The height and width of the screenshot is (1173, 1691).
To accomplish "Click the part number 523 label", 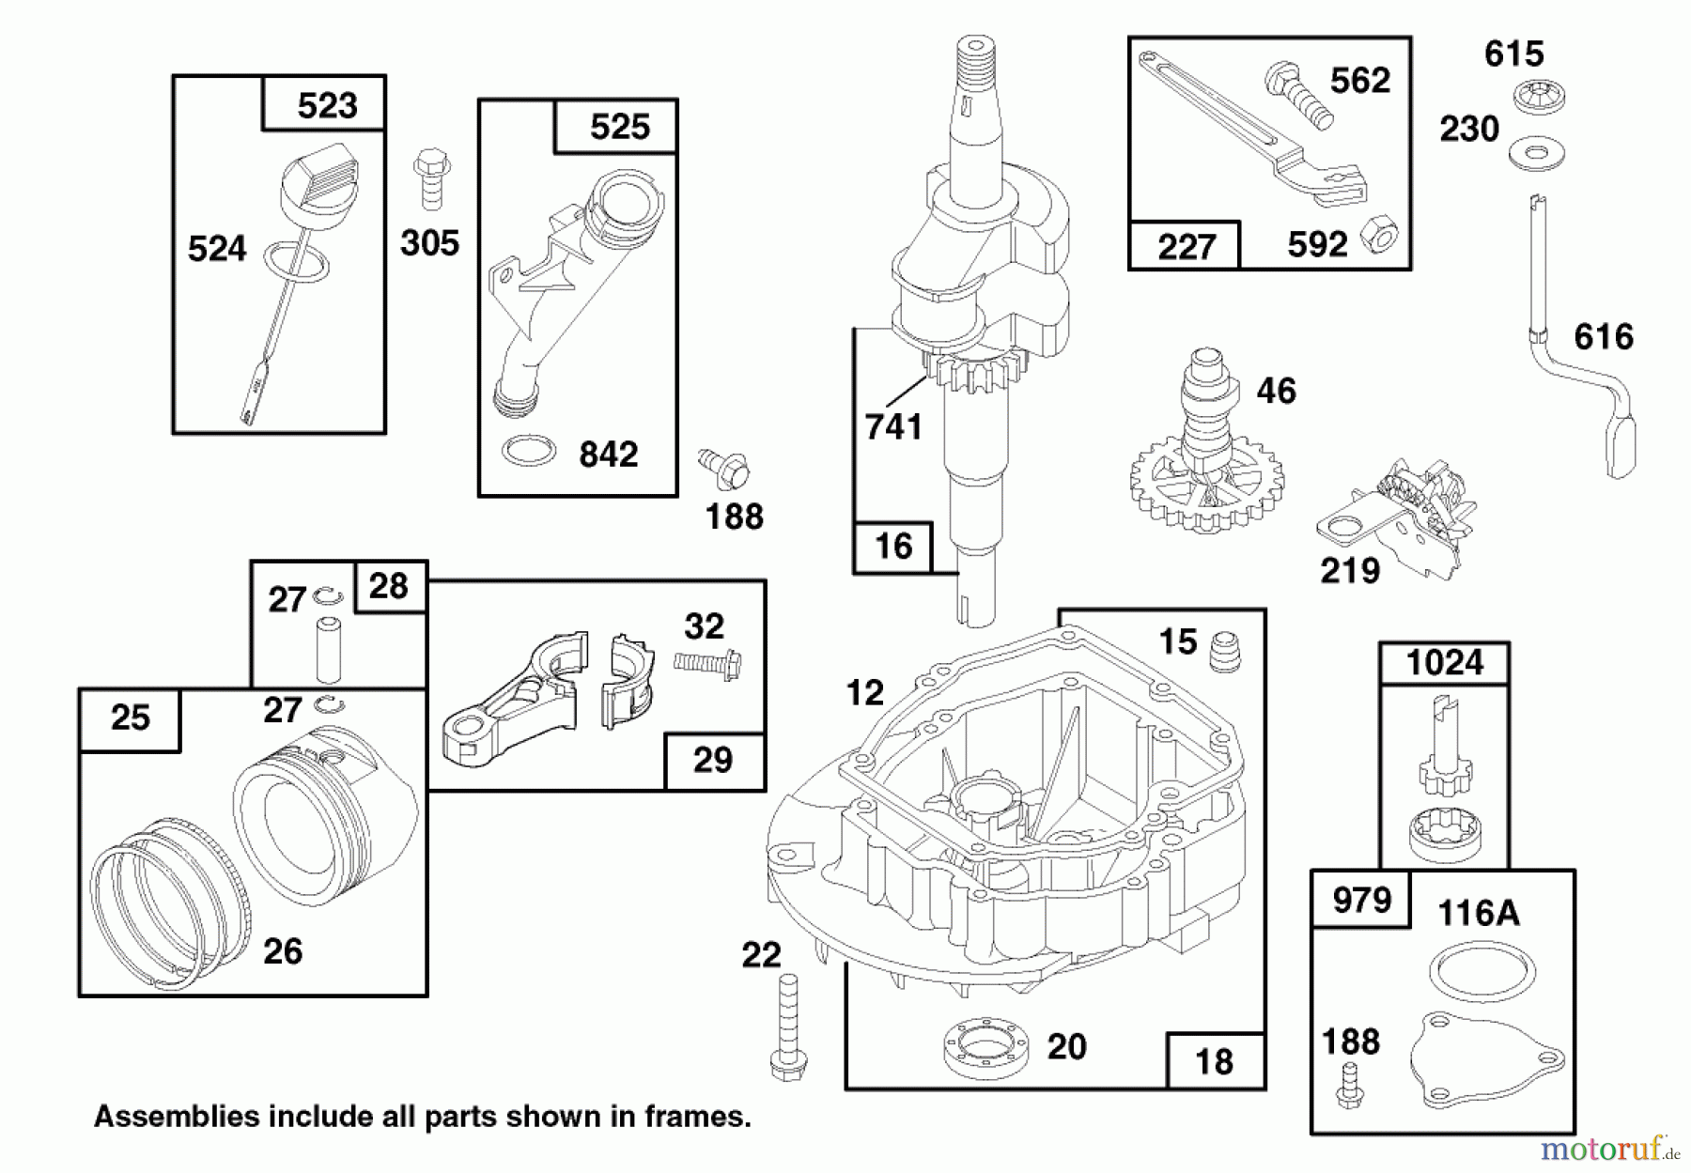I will coord(327,105).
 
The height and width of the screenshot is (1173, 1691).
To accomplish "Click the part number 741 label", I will coord(893,427).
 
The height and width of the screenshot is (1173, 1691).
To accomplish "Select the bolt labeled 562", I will coord(1299,96).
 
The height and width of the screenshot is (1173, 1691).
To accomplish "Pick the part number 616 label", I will coord(1604,336).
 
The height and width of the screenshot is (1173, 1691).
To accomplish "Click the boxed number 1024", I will coord(1445,663).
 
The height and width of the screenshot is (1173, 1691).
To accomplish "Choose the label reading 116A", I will coord(1478,912).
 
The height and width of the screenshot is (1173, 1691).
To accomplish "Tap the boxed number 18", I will coord(1215,1061).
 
